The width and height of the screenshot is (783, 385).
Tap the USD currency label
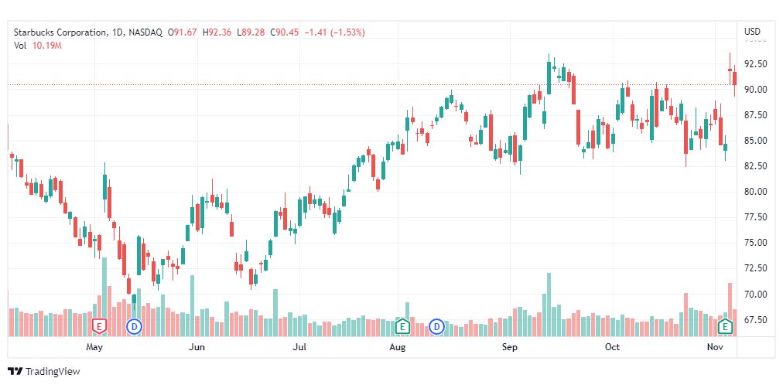(x=752, y=32)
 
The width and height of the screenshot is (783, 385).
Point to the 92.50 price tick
(x=755, y=63)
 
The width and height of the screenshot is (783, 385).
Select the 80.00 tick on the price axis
(x=755, y=192)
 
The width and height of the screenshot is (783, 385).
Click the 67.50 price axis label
(x=755, y=320)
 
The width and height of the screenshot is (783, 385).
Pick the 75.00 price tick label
(x=755, y=243)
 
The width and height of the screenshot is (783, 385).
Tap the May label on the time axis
(x=95, y=347)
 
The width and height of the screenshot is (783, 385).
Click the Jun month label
(x=197, y=347)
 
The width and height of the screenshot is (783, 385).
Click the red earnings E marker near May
(x=98, y=326)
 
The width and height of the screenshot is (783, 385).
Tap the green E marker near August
(x=402, y=326)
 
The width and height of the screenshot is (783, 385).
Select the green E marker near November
(x=726, y=326)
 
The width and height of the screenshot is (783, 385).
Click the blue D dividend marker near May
(x=135, y=326)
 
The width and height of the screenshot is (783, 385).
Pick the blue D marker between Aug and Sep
(x=437, y=326)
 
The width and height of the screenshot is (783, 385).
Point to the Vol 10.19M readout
(x=37, y=46)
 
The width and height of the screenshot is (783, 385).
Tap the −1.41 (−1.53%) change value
(x=337, y=32)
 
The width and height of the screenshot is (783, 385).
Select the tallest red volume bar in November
(x=730, y=309)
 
